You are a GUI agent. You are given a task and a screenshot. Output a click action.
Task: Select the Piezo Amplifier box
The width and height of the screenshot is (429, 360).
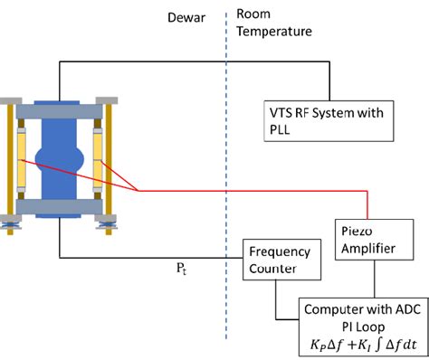(363, 239)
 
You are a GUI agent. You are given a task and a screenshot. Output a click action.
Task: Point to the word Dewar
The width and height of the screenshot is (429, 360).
(185, 15)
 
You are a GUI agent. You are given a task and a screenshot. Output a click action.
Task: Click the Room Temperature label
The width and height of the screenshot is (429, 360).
(273, 24)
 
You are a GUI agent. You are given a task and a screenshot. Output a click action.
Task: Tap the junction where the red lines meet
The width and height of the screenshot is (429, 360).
(137, 191)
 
